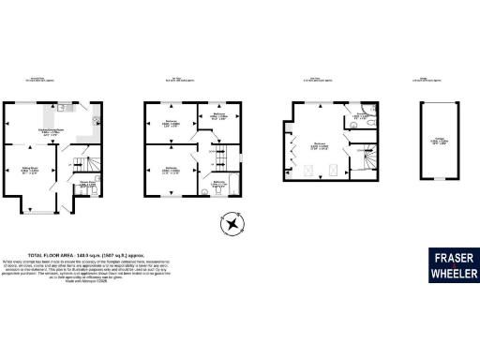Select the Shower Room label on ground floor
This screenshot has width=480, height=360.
88,185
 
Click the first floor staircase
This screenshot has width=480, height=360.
224,151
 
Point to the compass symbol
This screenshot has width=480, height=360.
228,224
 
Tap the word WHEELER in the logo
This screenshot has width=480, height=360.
455,274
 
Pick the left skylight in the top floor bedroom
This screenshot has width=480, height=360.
309,171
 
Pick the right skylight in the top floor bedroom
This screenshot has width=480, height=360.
332,171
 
